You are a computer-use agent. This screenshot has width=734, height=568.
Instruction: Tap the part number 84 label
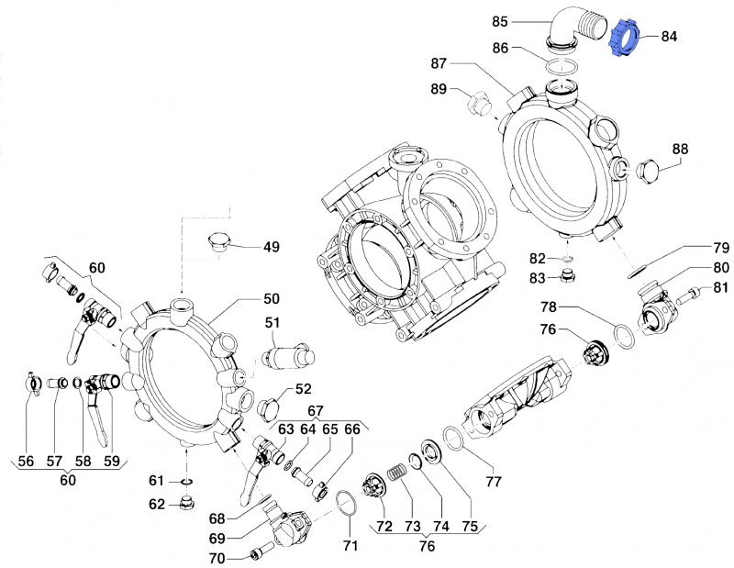click(669, 37)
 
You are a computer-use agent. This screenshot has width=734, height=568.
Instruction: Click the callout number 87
click(439, 62)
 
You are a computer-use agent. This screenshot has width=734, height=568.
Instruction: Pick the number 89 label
click(439, 89)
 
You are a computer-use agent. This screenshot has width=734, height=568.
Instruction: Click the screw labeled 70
click(257, 553)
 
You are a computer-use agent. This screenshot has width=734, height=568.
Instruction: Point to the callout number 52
click(303, 389)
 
